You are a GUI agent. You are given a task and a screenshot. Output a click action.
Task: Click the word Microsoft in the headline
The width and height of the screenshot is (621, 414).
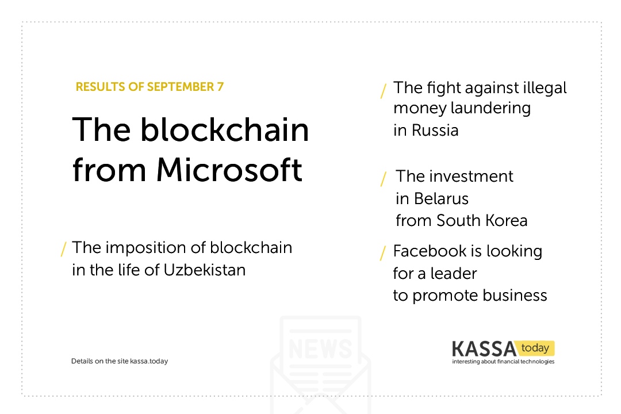[x=229, y=170]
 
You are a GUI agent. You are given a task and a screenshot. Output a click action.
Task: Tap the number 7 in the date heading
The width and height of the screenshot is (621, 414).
[x=220, y=87]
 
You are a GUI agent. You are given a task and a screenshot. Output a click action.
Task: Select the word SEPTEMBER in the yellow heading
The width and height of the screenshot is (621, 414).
[x=181, y=87]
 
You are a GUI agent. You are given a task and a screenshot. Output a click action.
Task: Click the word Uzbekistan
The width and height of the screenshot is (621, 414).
[x=204, y=270]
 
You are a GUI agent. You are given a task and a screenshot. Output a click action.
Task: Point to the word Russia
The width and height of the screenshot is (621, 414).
[x=435, y=130]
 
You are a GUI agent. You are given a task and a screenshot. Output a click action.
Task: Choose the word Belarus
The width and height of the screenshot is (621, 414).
[x=441, y=198]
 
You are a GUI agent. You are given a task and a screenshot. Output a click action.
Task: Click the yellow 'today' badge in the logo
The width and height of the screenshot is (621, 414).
[x=535, y=348]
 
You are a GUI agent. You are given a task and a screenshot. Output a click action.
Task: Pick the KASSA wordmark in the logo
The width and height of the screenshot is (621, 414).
[x=484, y=349]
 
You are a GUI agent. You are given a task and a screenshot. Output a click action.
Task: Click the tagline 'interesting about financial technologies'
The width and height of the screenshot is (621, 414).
[x=503, y=361]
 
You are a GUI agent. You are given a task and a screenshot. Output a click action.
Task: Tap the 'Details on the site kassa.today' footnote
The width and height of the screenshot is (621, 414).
[x=120, y=361]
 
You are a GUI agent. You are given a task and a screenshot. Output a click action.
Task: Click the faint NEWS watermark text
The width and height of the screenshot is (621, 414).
[x=320, y=348]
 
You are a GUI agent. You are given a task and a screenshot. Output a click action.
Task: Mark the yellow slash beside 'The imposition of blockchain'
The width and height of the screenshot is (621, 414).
[x=63, y=249]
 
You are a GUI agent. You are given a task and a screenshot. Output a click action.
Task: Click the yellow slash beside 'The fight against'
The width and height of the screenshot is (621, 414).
[x=383, y=91]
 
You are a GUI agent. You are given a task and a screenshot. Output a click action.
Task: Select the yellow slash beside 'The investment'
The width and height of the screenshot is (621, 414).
[x=383, y=179]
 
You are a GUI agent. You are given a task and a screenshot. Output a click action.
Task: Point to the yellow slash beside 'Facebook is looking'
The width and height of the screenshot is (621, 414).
[x=383, y=253]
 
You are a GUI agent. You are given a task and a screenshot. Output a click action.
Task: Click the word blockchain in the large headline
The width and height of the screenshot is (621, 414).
[x=225, y=129]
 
